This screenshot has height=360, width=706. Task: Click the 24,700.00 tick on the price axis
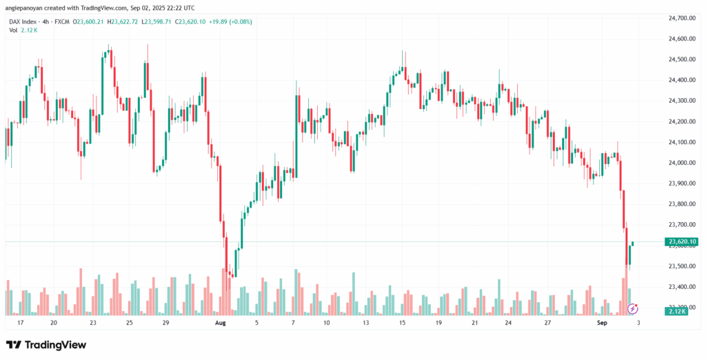[682, 18]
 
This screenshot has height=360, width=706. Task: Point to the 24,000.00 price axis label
[682, 163]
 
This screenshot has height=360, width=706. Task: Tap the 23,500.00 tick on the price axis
[682, 266]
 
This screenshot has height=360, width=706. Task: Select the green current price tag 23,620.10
[682, 242]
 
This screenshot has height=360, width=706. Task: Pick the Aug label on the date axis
[221, 323]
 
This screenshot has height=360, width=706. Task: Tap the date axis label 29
[165, 323]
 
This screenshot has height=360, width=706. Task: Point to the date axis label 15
[401, 323]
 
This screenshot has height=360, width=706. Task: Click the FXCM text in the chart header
[63, 21]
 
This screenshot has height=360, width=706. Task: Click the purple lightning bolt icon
[633, 308]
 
